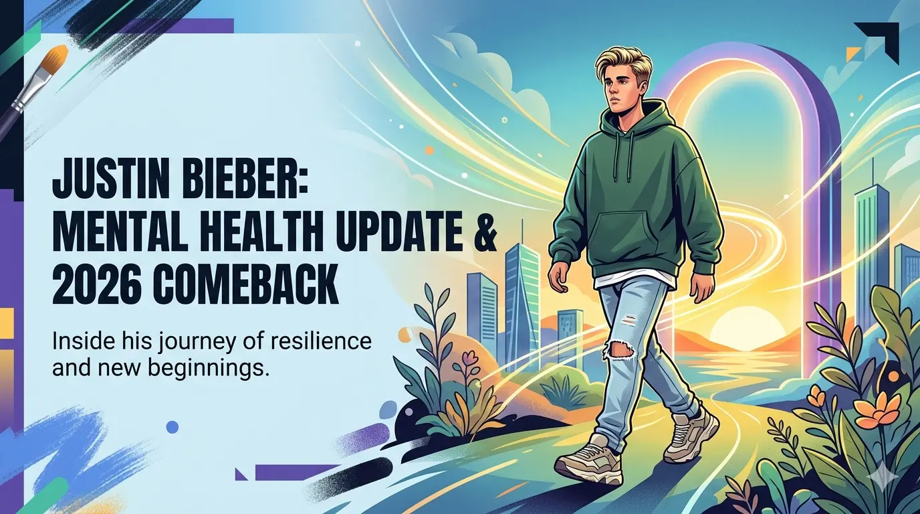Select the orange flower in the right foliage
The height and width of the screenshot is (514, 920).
click(877, 412)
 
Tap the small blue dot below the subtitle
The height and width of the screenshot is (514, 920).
click(172, 426)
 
